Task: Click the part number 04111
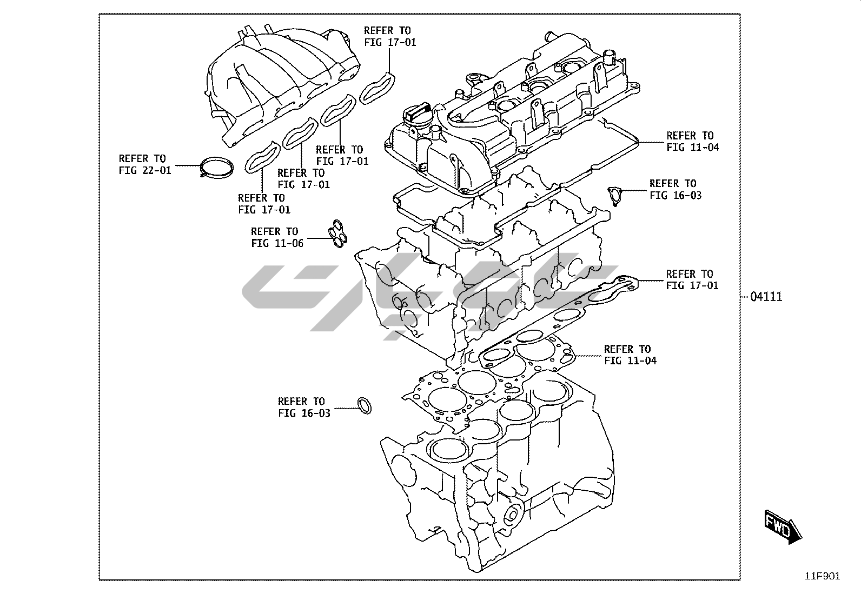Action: pos(766,297)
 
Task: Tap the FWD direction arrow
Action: pos(783,525)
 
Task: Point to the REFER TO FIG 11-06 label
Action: pos(277,237)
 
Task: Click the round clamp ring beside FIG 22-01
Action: pos(215,167)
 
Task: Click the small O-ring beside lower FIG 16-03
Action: pos(365,406)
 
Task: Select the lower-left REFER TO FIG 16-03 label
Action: pos(303,407)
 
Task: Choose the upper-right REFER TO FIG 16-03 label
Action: pos(675,189)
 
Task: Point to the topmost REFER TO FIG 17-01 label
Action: pos(389,36)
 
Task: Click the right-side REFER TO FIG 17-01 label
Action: pos(692,280)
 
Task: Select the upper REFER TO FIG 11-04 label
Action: pos(692,141)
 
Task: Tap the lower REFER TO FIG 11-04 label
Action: pos(630,355)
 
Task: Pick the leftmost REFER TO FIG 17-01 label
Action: pos(264,204)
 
